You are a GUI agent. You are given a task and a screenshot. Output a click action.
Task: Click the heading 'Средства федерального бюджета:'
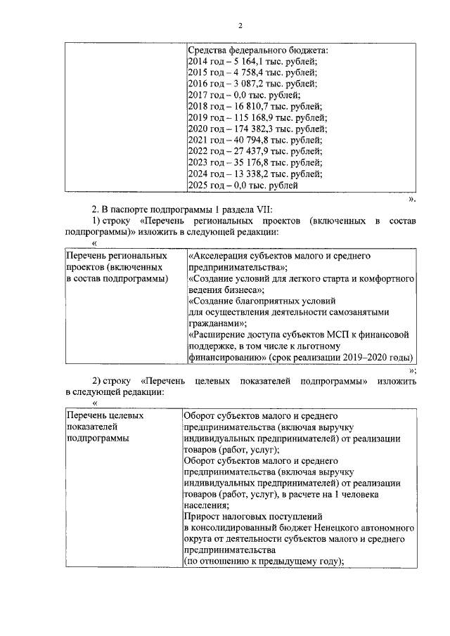point(258,51)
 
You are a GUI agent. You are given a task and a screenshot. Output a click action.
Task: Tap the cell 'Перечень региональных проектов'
point(116,268)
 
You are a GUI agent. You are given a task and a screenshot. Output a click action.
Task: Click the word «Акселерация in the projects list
point(219,257)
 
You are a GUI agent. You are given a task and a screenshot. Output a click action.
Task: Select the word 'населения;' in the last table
point(206,505)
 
